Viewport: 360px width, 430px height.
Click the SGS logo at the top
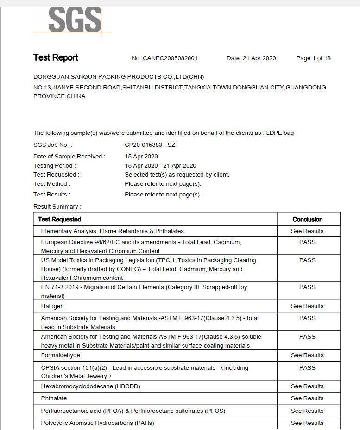pyautogui.click(x=74, y=19)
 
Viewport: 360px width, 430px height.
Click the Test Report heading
pyautogui.click(x=56, y=57)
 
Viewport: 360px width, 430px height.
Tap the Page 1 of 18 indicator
pyautogui.click(x=313, y=58)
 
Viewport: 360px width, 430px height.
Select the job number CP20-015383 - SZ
pyautogui.click(x=150, y=145)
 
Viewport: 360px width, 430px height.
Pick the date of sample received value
pyautogui.click(x=141, y=157)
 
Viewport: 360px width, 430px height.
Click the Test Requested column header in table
pyautogui.click(x=59, y=220)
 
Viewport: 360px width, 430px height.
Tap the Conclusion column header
pyautogui.click(x=307, y=220)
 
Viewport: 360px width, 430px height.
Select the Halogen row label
pyautogui.click(x=52, y=306)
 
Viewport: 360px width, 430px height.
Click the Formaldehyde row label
pyautogui.click(x=60, y=355)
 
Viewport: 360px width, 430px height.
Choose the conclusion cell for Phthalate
pyautogui.click(x=307, y=398)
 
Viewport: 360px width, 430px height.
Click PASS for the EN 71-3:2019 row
pyautogui.click(x=307, y=287)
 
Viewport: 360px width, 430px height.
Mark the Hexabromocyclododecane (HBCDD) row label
pyautogui.click(x=90, y=386)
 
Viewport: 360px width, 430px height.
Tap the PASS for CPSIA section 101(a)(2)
pyautogui.click(x=307, y=368)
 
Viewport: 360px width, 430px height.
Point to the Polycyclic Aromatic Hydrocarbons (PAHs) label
pyautogui.click(x=97, y=423)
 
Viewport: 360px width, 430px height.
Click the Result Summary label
pyautogui.click(x=57, y=207)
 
